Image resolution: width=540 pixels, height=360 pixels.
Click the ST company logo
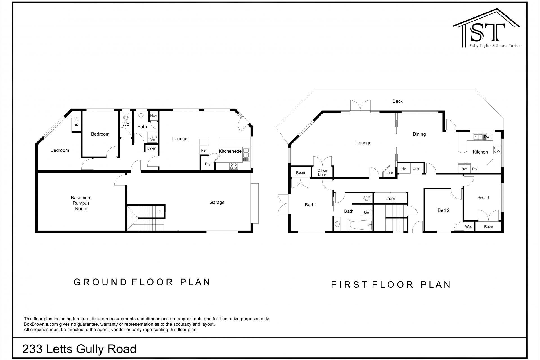pyautogui.click(x=486, y=30)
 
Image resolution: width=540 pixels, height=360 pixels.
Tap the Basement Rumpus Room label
pyautogui.click(x=81, y=203)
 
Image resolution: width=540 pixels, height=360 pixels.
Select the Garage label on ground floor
pyautogui.click(x=217, y=202)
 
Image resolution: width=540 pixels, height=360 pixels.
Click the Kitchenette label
pyautogui.click(x=230, y=151)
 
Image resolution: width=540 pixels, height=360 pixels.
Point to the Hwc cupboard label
pyautogui.click(x=154, y=116)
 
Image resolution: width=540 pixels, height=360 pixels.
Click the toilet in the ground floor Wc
pyautogui.click(x=126, y=116)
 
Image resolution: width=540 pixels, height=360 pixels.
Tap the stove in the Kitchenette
pyautogui.click(x=233, y=166)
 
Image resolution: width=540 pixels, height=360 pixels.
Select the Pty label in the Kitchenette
pyautogui.click(x=208, y=164)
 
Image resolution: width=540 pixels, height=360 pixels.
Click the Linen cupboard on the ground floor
pyautogui.click(x=152, y=148)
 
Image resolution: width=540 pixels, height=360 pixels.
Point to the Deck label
pyautogui.click(x=397, y=101)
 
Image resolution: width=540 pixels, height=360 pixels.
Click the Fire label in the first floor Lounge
pyautogui.click(x=390, y=172)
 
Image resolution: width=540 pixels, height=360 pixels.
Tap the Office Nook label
pyautogui.click(x=322, y=172)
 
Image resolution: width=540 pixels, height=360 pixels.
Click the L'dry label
pyautogui.click(x=390, y=199)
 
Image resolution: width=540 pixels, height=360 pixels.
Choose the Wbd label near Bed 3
pyautogui.click(x=469, y=226)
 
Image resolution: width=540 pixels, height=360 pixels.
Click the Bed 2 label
pyautogui.click(x=444, y=210)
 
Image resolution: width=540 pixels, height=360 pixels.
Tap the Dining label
pyautogui.click(x=419, y=134)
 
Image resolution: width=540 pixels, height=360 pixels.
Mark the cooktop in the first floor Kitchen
pyautogui.click(x=497, y=150)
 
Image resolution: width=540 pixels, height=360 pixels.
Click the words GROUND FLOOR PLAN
pyautogui.click(x=142, y=282)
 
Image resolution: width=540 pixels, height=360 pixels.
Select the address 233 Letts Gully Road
pyautogui.click(x=79, y=349)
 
